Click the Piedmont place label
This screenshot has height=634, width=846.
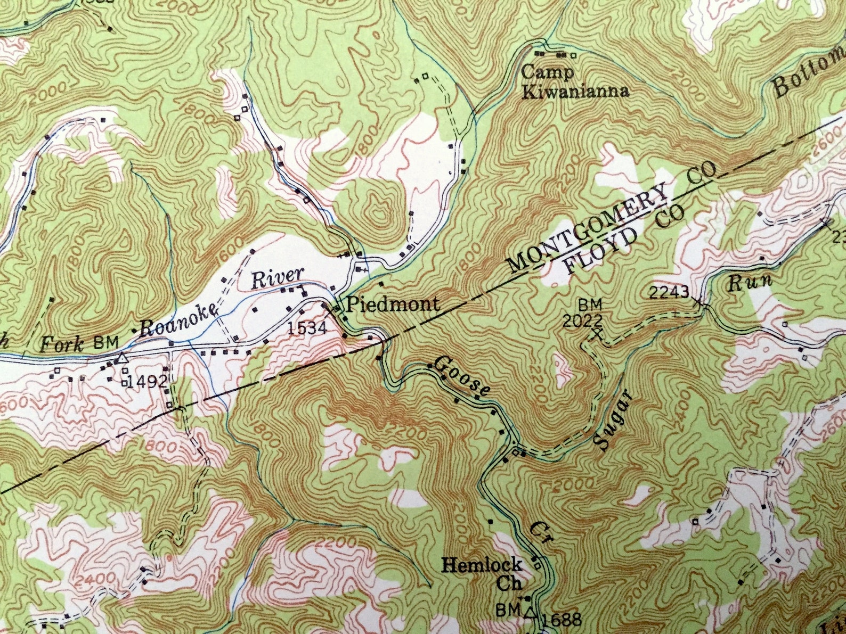[393, 304]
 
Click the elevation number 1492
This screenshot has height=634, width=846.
[149, 381]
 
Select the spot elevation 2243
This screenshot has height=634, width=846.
[670, 292]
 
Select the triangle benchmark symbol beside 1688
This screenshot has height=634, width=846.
[530, 612]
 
